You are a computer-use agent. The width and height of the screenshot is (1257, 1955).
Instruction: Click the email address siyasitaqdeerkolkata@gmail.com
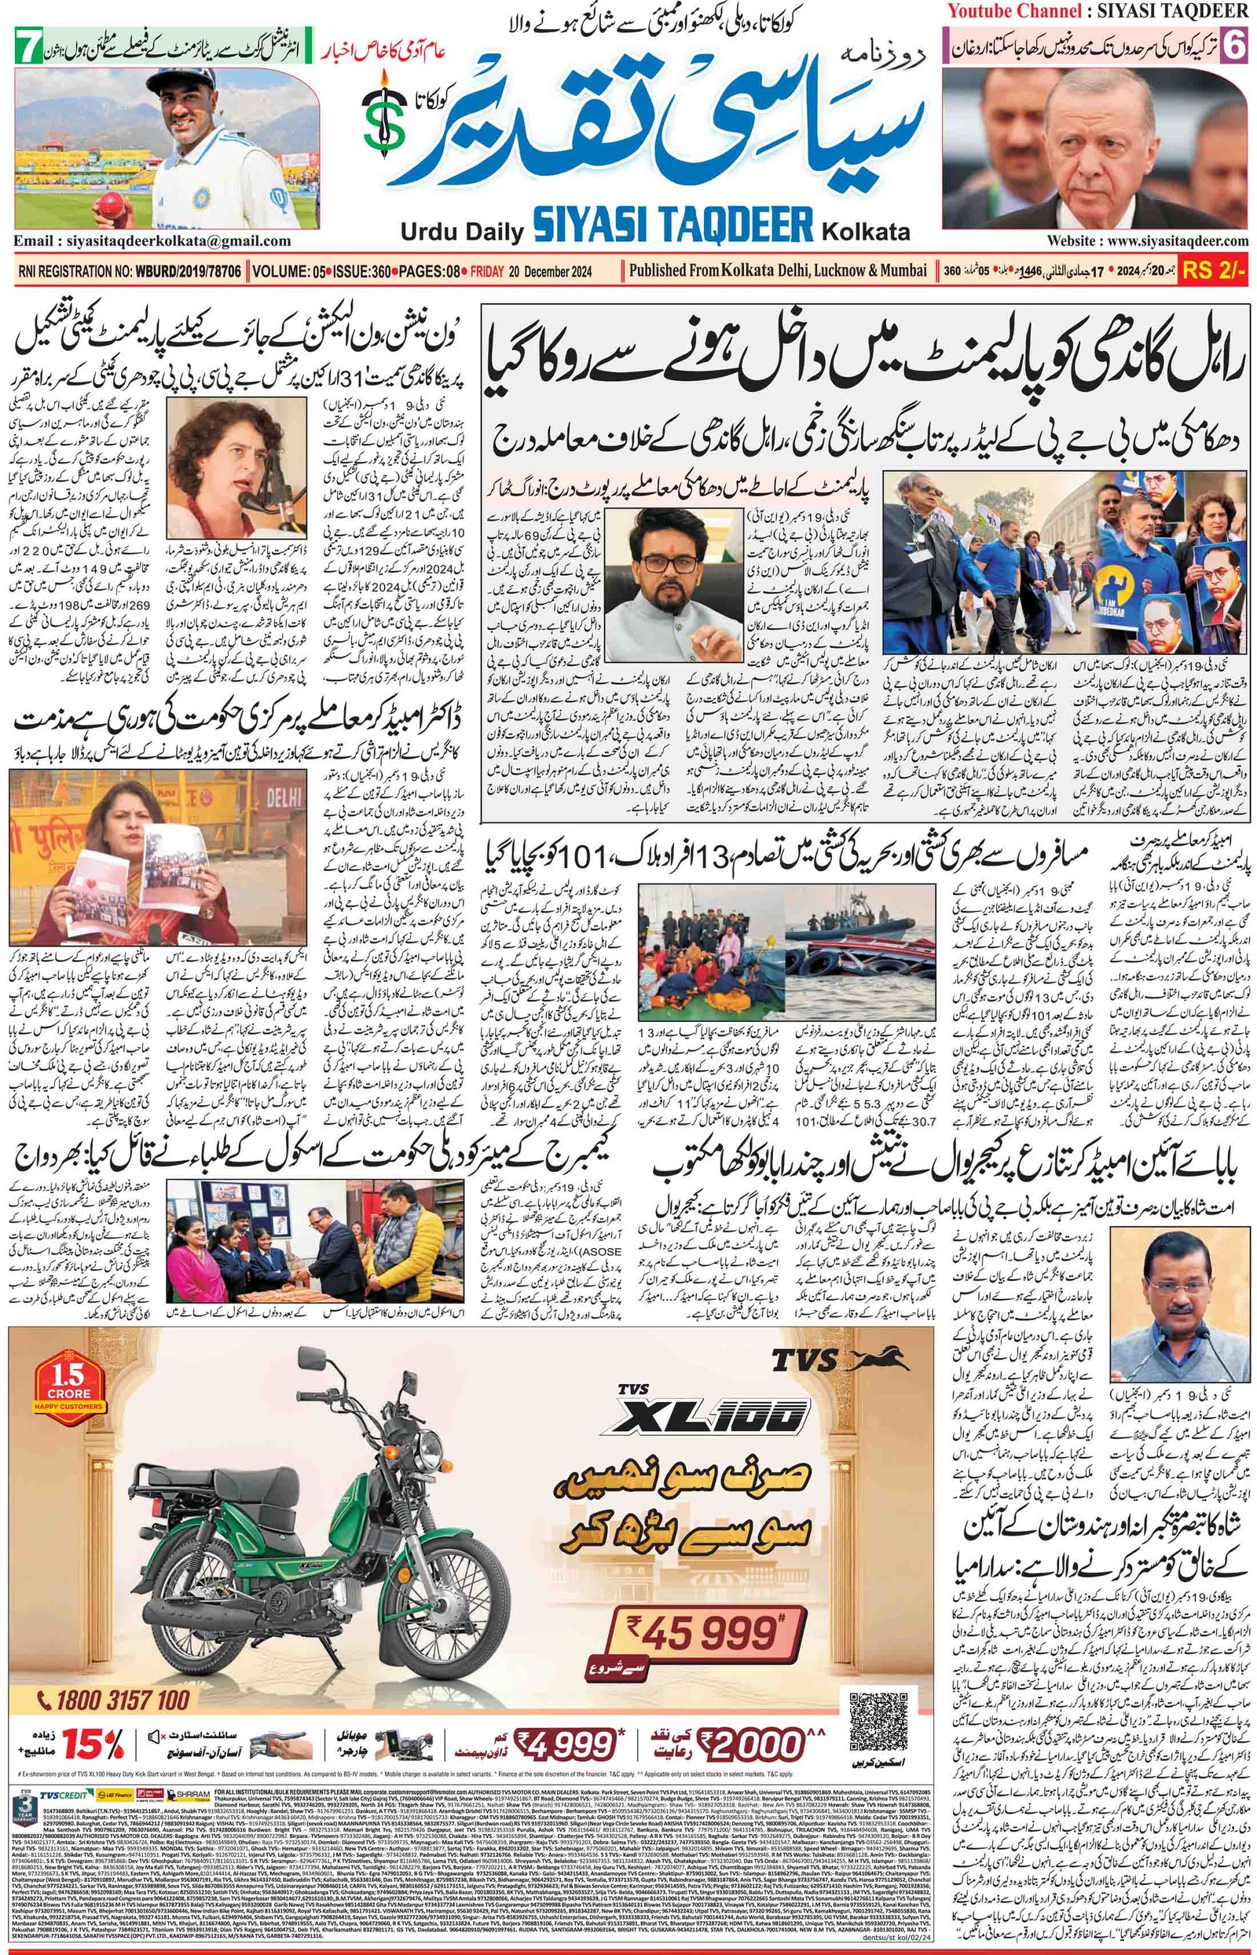(152, 240)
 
